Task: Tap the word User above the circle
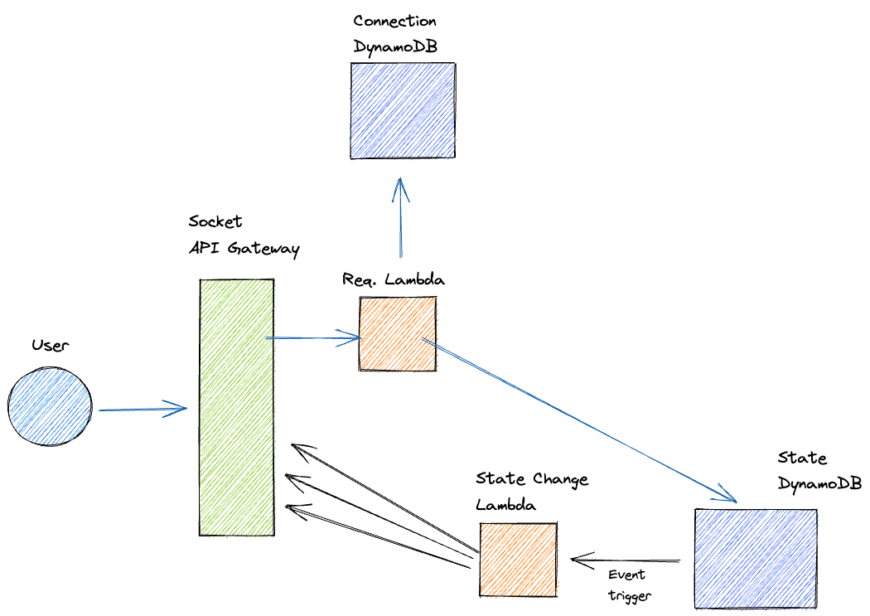tap(50, 345)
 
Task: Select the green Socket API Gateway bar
tap(237, 406)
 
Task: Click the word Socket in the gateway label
tap(215, 222)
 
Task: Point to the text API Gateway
tap(244, 248)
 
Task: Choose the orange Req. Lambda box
tap(398, 333)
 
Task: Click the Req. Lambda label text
tap(394, 279)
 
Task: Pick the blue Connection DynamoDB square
tap(402, 110)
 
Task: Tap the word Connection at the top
tap(394, 21)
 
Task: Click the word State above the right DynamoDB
tap(802, 458)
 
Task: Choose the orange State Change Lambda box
tap(518, 559)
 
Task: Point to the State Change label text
tap(532, 479)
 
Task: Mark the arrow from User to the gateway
tap(141, 409)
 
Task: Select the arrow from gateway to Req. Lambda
tap(312, 337)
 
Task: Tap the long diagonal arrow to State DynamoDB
tap(580, 419)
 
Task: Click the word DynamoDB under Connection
tap(394, 46)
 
